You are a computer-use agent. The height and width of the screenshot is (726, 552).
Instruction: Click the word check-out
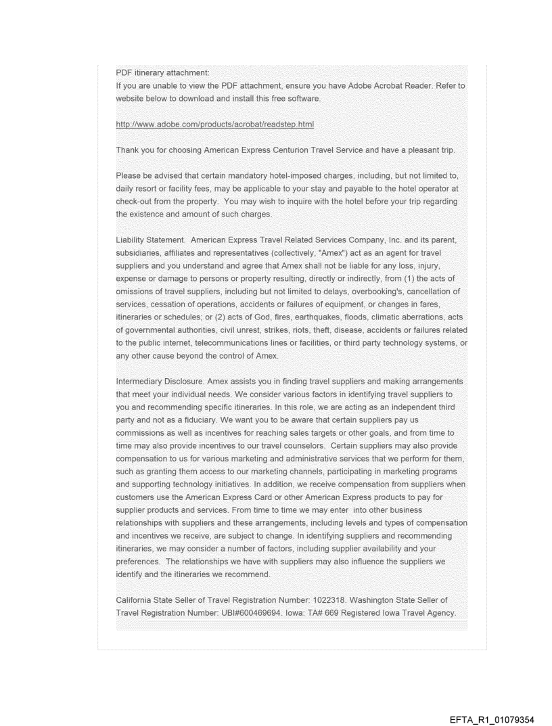[x=136, y=202]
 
